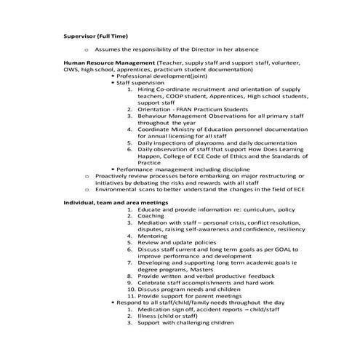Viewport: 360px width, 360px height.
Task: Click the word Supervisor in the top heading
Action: (x=79, y=36)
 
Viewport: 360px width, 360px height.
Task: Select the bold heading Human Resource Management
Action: (x=108, y=64)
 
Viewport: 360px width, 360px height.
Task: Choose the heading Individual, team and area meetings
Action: (x=116, y=202)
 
